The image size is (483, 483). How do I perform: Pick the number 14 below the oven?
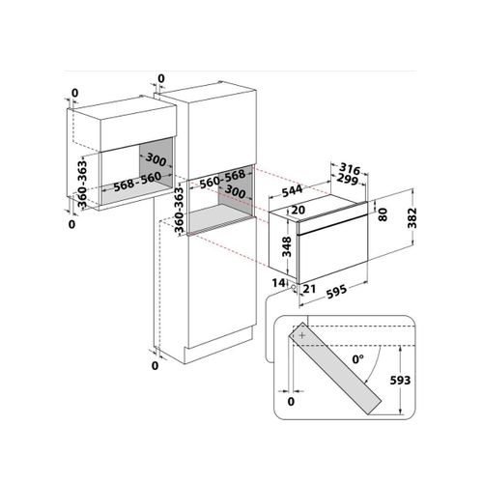click(x=278, y=284)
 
